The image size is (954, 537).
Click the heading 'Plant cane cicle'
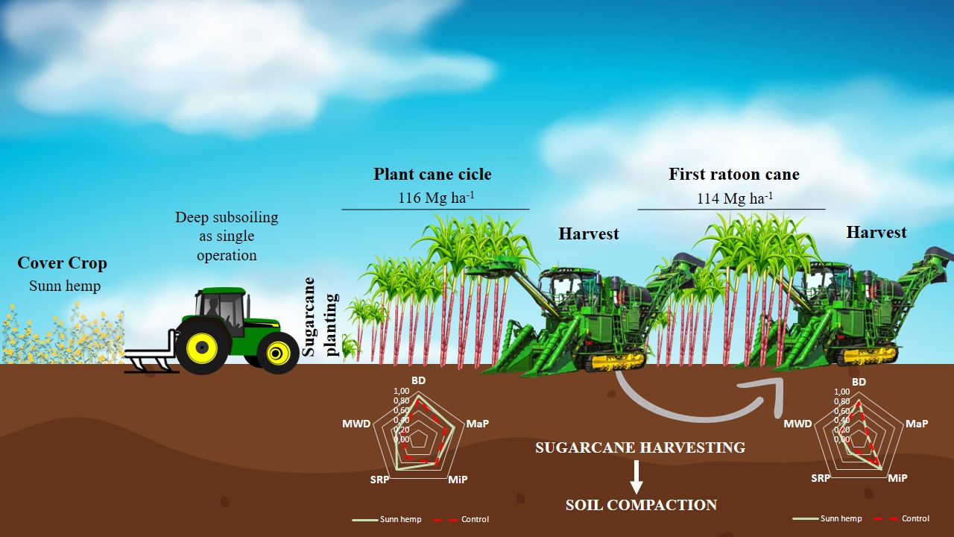tap(432, 175)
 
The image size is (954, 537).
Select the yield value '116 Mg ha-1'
tap(436, 199)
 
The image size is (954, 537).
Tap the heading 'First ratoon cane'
tap(733, 175)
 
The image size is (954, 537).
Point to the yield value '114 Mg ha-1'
tap(734, 199)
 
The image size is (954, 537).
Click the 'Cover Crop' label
tap(62, 263)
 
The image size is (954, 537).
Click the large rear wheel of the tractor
tap(203, 347)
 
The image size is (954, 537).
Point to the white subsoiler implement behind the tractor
tap(149, 361)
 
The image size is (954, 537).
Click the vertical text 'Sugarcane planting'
tap(320, 316)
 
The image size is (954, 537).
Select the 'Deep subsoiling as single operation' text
tap(227, 236)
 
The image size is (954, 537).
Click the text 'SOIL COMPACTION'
tap(641, 505)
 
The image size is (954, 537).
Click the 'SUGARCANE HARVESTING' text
tap(639, 447)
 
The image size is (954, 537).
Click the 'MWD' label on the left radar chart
tap(356, 424)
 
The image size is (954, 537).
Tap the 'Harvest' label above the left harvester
tap(589, 233)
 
